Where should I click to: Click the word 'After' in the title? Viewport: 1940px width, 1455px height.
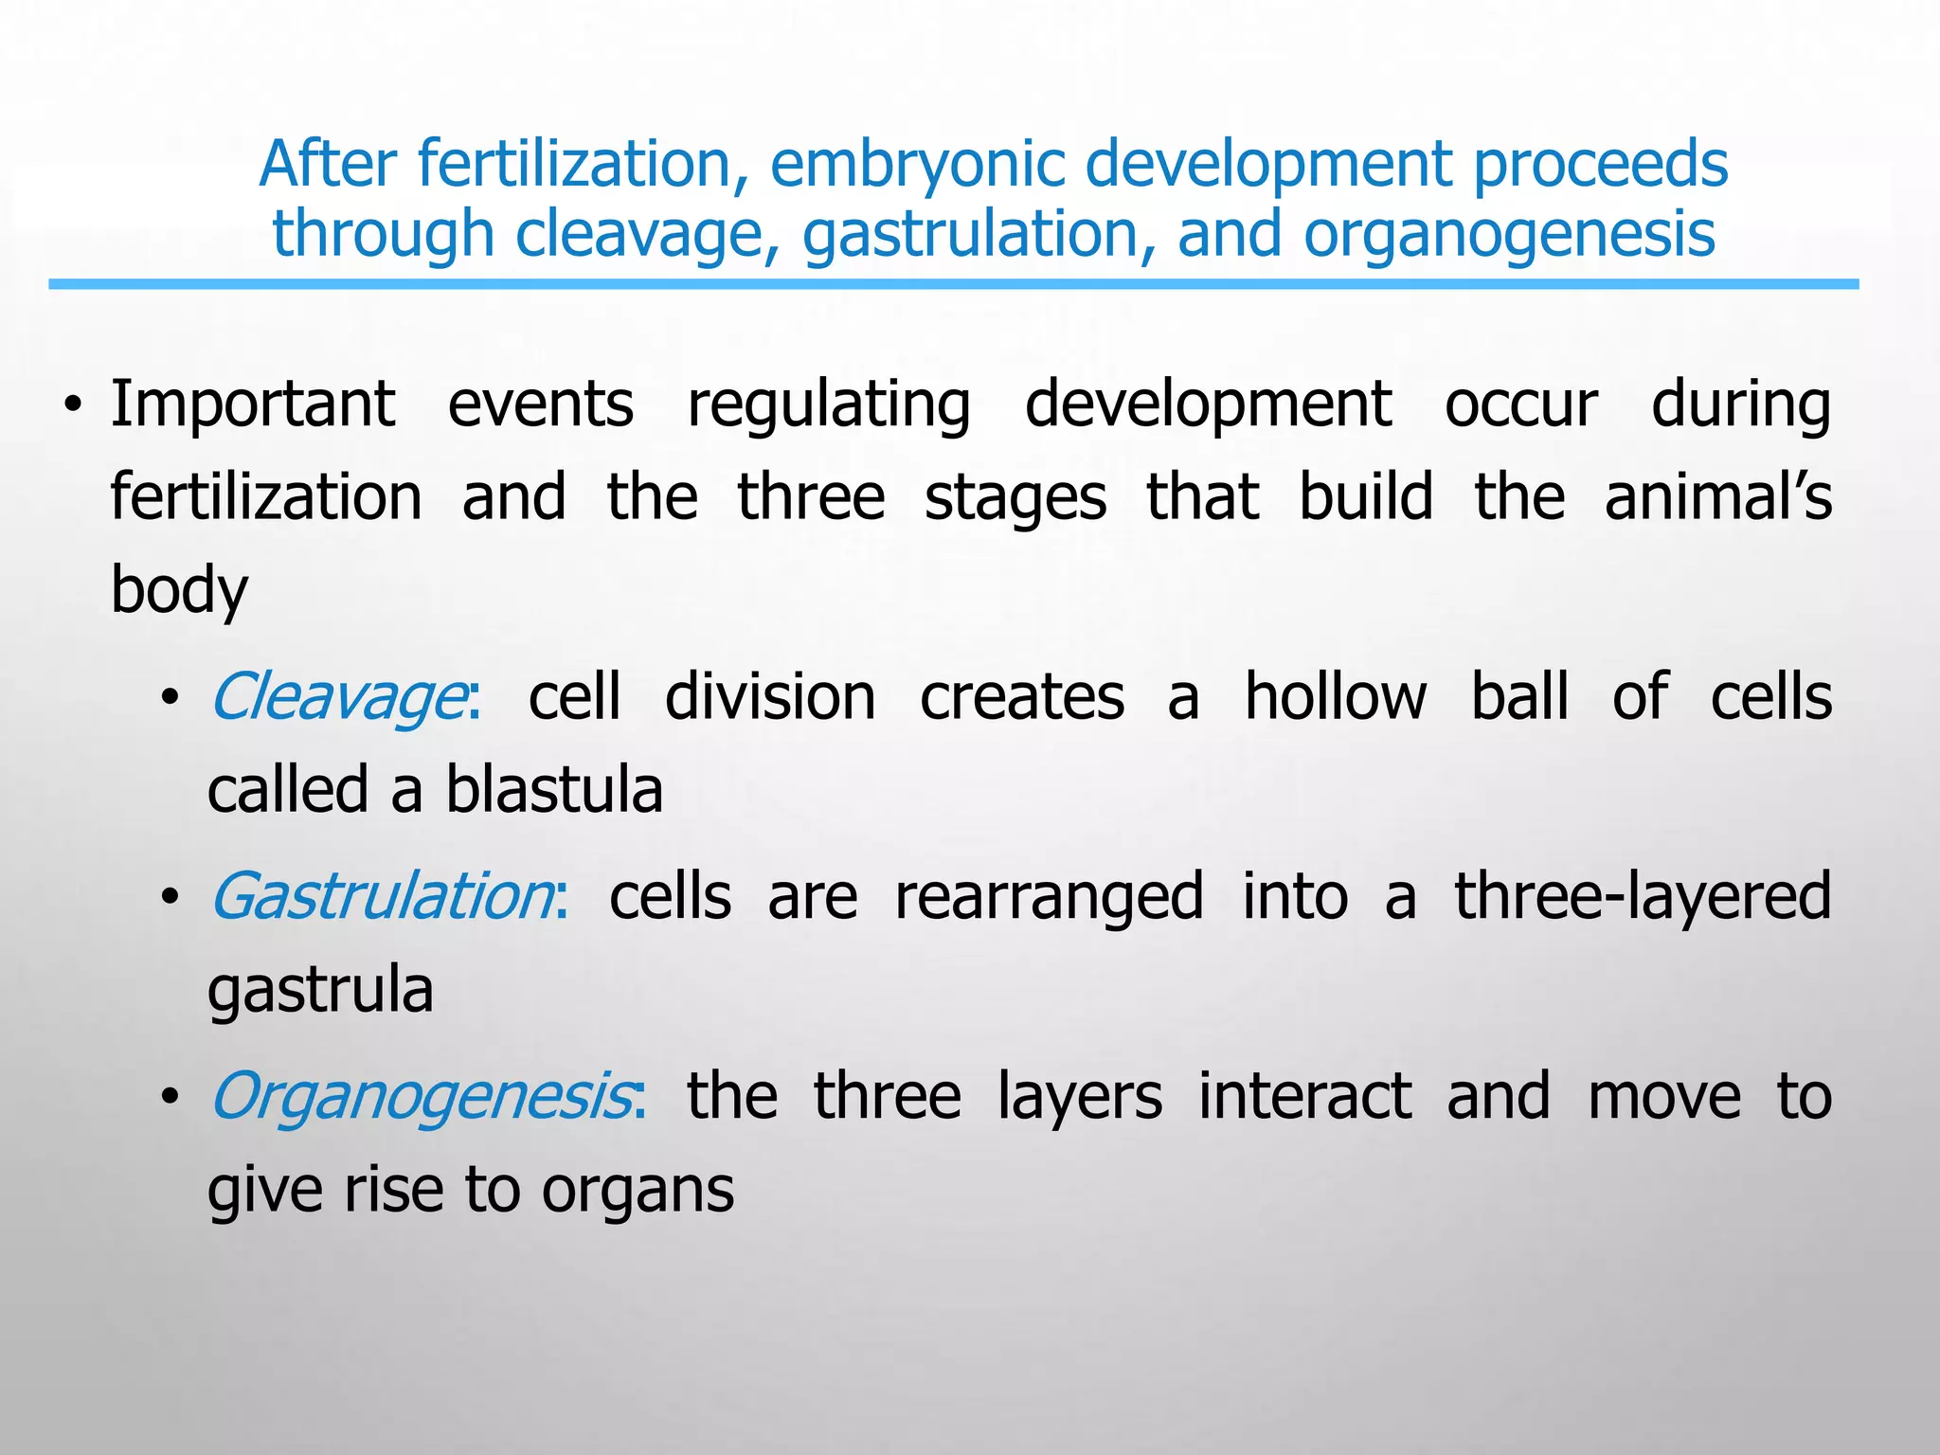click(x=327, y=164)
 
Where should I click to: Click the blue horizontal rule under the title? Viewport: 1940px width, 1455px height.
click(x=953, y=284)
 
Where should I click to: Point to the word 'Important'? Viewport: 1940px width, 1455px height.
click(x=252, y=404)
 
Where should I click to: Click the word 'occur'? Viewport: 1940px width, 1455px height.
click(x=1521, y=405)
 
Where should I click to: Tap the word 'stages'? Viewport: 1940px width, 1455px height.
click(x=1015, y=499)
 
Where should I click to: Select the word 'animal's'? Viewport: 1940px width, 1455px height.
click(x=1717, y=497)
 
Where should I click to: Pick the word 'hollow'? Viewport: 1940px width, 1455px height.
click(x=1335, y=697)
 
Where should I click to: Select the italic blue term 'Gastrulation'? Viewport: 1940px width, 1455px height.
click(x=382, y=896)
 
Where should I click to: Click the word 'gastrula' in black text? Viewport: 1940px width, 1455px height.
click(x=320, y=992)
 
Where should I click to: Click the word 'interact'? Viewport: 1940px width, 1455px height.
click(x=1304, y=1096)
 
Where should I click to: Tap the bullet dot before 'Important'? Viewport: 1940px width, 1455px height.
click(x=71, y=408)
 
